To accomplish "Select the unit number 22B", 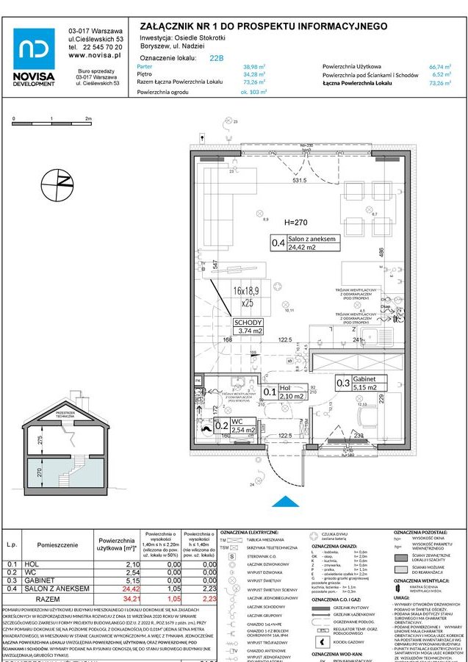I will [217, 57].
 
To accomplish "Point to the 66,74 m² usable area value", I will [439, 66].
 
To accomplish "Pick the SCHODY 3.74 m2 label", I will [248, 326].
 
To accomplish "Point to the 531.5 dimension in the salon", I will [299, 180].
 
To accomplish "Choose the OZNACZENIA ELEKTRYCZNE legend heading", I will [249, 531].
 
